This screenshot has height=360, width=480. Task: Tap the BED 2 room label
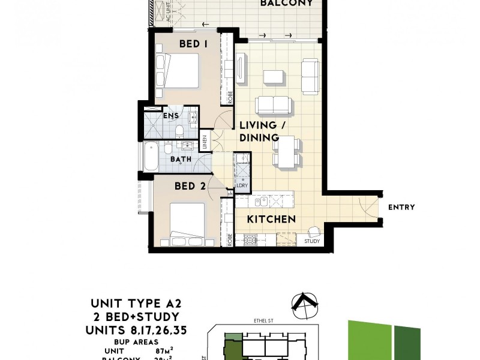(190, 186)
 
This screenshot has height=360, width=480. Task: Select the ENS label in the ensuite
(170, 115)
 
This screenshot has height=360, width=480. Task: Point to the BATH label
(181, 160)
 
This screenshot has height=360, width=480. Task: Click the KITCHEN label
(272, 220)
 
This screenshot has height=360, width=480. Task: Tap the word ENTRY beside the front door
(401, 208)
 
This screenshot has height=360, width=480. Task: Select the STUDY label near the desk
(312, 242)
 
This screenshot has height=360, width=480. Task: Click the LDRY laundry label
(242, 186)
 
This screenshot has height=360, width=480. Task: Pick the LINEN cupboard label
(205, 142)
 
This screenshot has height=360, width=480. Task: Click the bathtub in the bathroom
(149, 157)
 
